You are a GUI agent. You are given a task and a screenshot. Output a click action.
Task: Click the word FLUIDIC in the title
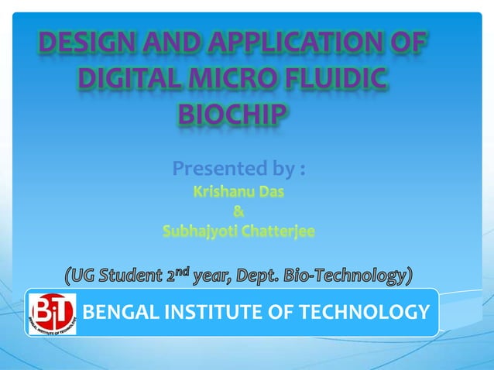tap(345, 79)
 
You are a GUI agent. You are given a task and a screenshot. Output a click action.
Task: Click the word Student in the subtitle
tap(126, 275)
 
